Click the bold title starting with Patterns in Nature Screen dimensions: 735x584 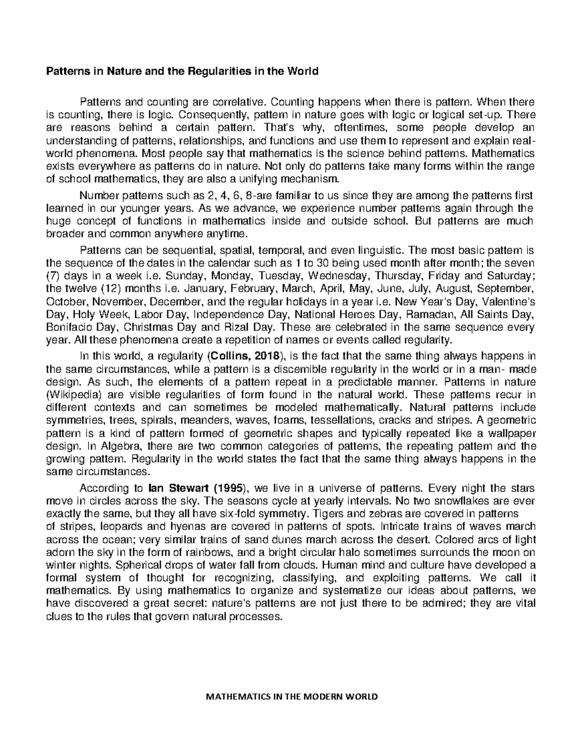(x=182, y=72)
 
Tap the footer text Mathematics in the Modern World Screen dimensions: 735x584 (x=292, y=697)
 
